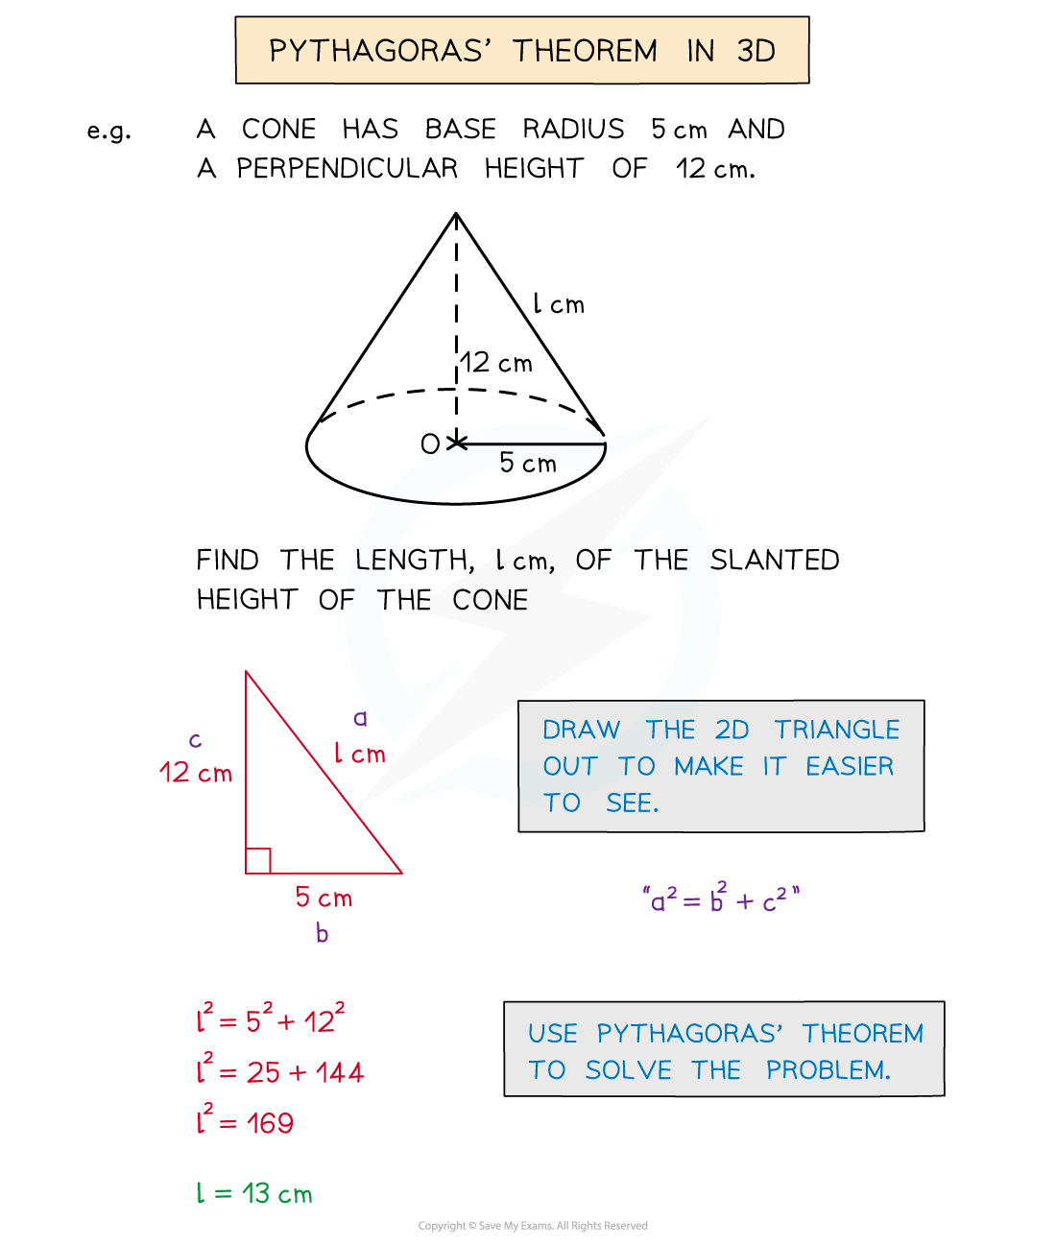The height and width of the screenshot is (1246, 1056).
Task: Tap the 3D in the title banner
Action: click(756, 51)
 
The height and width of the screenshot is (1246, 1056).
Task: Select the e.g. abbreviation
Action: click(108, 131)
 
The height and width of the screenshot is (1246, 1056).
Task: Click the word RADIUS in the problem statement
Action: click(573, 129)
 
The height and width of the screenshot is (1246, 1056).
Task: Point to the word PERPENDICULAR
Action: click(348, 168)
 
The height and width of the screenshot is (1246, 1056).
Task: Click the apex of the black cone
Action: click(456, 213)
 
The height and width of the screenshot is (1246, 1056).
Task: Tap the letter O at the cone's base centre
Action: click(430, 444)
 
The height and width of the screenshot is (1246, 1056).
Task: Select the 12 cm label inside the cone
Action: click(496, 362)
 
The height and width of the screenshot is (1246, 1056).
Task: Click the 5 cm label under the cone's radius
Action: click(528, 463)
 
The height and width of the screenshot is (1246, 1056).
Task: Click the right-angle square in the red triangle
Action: click(258, 861)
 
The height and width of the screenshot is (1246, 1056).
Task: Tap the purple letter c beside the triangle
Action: click(195, 740)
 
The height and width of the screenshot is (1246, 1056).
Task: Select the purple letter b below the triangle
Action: click(322, 933)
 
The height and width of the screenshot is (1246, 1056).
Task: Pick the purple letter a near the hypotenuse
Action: click(360, 718)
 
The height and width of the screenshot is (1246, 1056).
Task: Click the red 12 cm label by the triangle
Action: click(196, 772)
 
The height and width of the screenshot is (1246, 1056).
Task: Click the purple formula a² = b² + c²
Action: click(721, 899)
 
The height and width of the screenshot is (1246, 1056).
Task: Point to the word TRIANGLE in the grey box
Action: click(836, 730)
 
